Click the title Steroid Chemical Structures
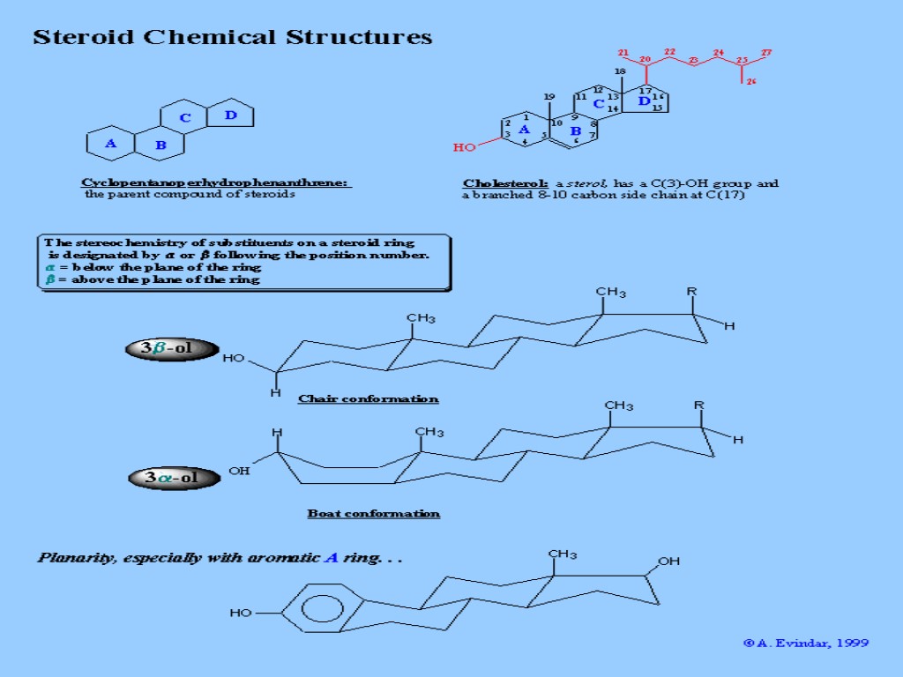[x=233, y=37]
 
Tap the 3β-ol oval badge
[x=172, y=348]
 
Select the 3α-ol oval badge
[x=173, y=478]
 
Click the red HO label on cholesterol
[x=464, y=147]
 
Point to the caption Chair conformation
[x=368, y=398]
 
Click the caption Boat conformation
[x=373, y=513]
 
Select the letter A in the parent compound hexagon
[x=110, y=144]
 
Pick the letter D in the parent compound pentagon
[x=230, y=115]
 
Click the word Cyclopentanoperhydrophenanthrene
[x=216, y=182]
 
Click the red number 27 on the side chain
[x=766, y=53]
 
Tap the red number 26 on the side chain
[x=751, y=82]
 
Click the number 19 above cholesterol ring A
[x=549, y=96]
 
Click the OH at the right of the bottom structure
[x=668, y=561]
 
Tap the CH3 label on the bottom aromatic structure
[x=562, y=554]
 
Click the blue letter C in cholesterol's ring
[x=598, y=104]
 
